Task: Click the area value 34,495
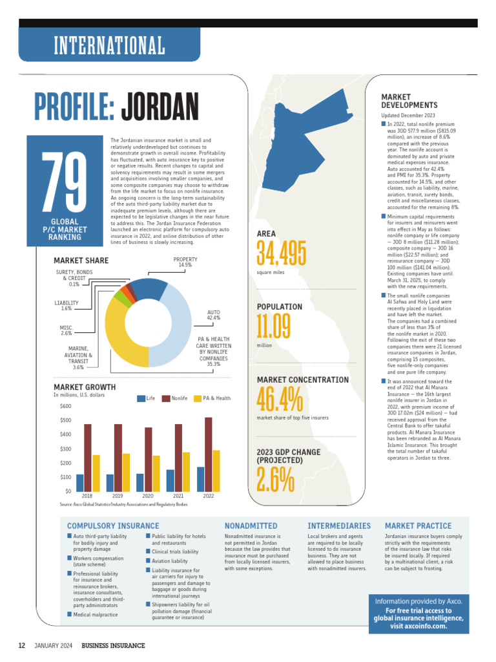[x=282, y=253]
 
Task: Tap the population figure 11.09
[x=274, y=327]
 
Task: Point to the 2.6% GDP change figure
[x=276, y=480]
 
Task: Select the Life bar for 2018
[x=80, y=482]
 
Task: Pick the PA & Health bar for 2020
[x=156, y=473]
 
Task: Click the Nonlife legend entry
[x=176, y=398]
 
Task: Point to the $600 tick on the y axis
[x=65, y=406]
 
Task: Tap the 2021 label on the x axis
[x=178, y=496]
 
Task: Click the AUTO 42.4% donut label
[x=213, y=315]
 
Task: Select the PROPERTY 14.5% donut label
[x=185, y=262]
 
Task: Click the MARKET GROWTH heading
[x=85, y=387]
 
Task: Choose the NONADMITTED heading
[x=251, y=526]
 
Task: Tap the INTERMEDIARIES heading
[x=339, y=526]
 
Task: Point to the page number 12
[x=21, y=646]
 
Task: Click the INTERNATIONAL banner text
[x=109, y=46]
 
